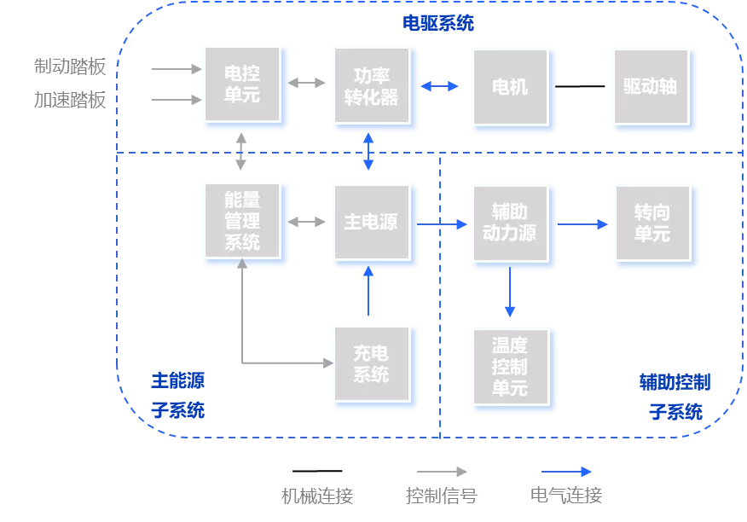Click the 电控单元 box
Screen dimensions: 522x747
242,86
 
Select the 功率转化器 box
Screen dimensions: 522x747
372,86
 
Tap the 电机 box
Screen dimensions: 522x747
511,87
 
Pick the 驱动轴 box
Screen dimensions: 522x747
651,87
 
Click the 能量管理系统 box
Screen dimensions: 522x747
242,222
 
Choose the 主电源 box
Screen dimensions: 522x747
372,223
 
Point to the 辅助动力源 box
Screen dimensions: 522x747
511,223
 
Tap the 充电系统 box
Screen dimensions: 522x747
372,363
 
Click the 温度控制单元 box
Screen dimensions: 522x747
510,368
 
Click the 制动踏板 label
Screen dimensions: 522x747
70,67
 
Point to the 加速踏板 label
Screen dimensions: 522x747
70,100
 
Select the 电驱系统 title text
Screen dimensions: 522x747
438,23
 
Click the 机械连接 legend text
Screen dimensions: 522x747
317,496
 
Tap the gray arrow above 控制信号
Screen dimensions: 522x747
442,472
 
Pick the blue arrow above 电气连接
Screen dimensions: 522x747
567,472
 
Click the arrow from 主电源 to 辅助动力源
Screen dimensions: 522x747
444,224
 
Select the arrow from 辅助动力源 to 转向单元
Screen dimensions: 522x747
584,224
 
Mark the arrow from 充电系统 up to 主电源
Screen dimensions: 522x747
368,292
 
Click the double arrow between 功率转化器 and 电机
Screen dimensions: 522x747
439,86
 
